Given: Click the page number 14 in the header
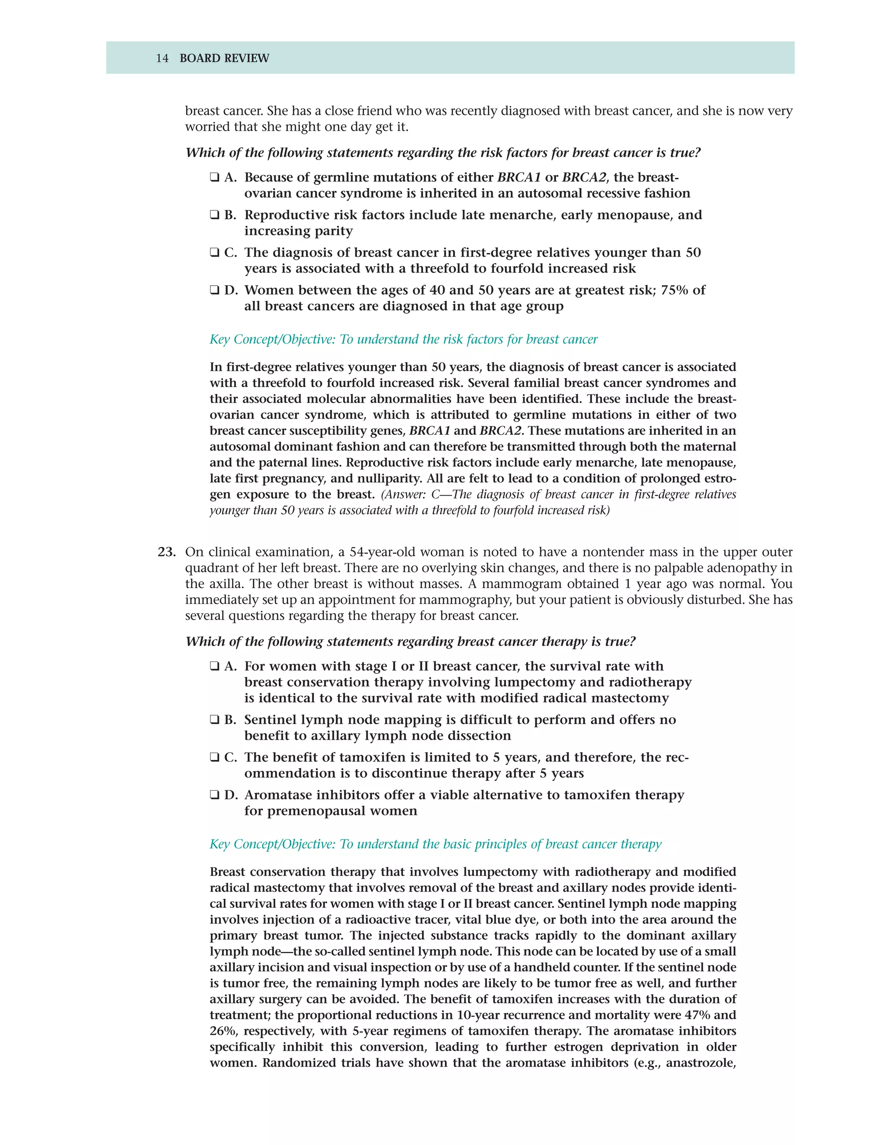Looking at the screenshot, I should click(162, 58).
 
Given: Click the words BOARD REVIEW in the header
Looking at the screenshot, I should click(224, 58).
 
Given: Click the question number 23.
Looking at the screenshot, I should click(166, 552).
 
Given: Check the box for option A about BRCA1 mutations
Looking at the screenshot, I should click(214, 177).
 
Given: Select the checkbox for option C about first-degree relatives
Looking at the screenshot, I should click(214, 253).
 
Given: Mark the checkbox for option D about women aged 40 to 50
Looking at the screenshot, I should click(214, 290).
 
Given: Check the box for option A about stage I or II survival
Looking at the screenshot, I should click(214, 666).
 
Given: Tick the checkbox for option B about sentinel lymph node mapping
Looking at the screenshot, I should click(214, 720).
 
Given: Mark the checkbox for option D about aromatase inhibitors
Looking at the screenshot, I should click(214, 795).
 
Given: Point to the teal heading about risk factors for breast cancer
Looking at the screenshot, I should click(403, 340).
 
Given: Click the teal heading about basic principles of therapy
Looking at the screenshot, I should click(435, 844).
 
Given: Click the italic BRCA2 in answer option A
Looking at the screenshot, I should click(583, 177).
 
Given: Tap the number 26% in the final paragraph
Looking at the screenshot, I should click(223, 1031).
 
